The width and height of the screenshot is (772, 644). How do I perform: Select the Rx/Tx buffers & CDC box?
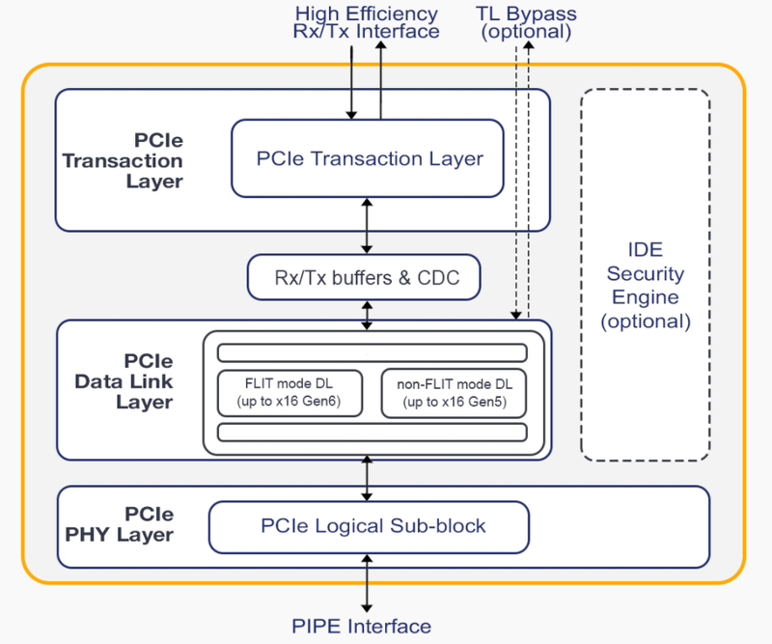[364, 279]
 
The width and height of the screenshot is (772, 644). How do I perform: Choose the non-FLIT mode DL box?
[454, 392]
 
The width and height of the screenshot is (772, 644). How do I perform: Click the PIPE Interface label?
[361, 627]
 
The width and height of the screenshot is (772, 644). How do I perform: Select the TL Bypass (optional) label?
[526, 22]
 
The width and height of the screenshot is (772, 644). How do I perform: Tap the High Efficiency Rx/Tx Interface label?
[366, 22]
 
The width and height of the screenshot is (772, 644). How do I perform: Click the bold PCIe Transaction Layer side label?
[123, 160]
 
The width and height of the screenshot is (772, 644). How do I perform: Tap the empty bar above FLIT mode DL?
[372, 352]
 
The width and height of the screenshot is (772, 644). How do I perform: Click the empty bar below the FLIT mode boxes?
[372, 432]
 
